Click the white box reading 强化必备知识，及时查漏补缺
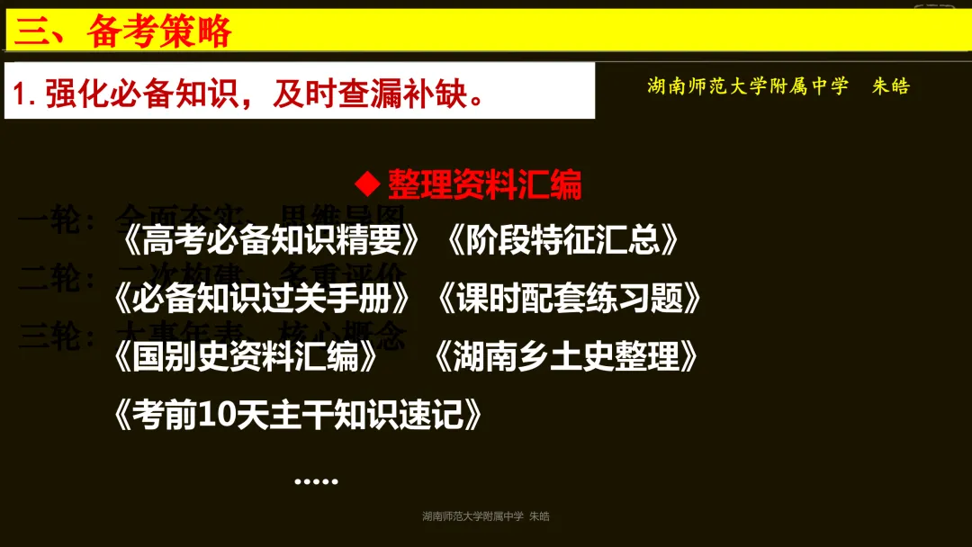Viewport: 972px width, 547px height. click(299, 91)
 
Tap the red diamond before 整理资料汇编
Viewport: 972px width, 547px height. click(367, 184)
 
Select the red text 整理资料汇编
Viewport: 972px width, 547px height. click(485, 184)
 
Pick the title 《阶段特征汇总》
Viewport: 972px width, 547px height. click(562, 240)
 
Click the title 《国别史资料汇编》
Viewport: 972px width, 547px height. click(246, 356)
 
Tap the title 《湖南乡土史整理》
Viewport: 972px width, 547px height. click(565, 356)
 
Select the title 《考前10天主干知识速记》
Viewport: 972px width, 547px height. click(298, 415)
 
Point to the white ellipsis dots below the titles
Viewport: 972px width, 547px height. click(316, 481)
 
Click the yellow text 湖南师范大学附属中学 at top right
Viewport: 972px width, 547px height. click(748, 86)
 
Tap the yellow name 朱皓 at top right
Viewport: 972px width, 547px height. click(891, 86)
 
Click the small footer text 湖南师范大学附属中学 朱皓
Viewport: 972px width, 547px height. click(485, 516)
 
